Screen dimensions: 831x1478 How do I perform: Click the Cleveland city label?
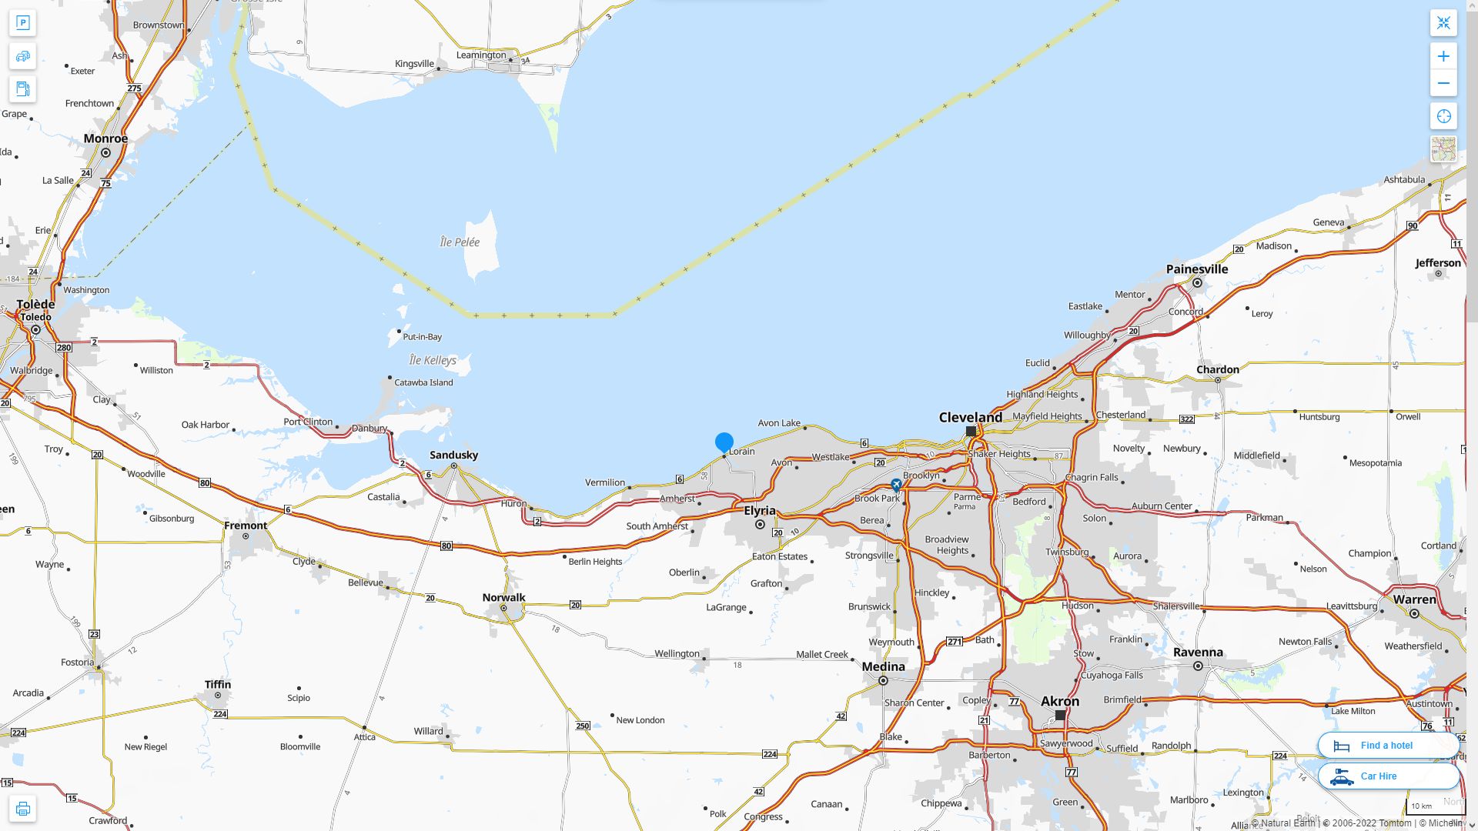(x=970, y=417)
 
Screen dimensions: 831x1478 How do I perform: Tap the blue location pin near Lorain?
(x=724, y=442)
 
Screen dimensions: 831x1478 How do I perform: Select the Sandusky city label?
(x=453, y=455)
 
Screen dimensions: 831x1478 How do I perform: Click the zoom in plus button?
(x=1443, y=56)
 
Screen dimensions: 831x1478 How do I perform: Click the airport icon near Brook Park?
(x=896, y=485)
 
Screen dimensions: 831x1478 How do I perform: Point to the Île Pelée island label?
(x=460, y=242)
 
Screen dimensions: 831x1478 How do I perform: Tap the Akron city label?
(x=1060, y=701)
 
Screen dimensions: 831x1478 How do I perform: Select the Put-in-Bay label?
(x=422, y=336)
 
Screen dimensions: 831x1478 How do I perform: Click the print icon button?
(x=22, y=809)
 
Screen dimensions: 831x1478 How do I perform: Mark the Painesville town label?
(x=1196, y=269)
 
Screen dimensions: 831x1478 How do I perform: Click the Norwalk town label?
(x=503, y=597)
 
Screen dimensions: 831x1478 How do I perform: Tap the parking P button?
(x=22, y=22)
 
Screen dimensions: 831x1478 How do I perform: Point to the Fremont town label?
(x=246, y=526)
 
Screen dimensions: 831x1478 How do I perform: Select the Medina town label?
(x=883, y=666)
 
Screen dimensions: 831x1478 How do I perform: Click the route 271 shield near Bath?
(x=955, y=641)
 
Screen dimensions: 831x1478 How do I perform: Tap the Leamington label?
(x=481, y=55)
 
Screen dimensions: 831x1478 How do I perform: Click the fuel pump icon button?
(x=22, y=88)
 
